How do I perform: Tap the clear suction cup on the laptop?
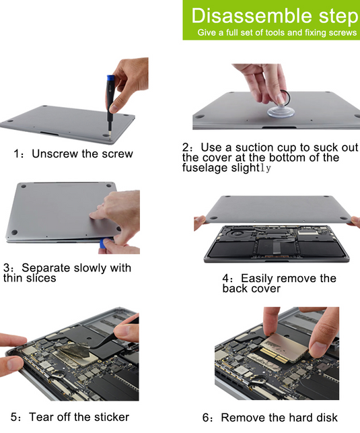click(281, 111)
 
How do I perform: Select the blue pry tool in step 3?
click(103, 244)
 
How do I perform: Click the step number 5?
click(13, 418)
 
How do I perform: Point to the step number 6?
click(206, 418)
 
